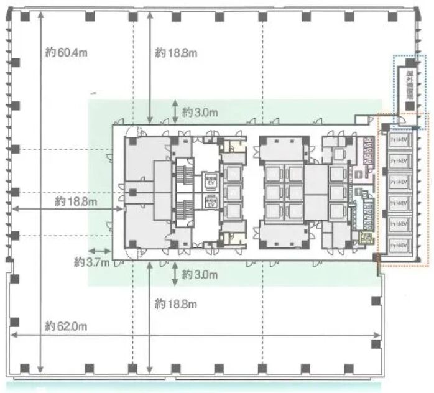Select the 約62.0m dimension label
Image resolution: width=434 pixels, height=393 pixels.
coord(66,326)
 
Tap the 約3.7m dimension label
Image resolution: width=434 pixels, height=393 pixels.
coord(91,262)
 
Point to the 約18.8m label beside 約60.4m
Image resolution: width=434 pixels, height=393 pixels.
coord(177,53)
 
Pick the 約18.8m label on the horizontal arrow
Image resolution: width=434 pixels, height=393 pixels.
coord(75,201)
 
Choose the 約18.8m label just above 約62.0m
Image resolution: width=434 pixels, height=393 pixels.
coord(177,304)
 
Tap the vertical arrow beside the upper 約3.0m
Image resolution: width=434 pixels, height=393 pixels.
coord(175,111)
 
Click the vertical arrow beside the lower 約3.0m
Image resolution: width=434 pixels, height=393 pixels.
coord(175,273)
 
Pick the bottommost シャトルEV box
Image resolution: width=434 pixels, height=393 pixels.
coord(401,244)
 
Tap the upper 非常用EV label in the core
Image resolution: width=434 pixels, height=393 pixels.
coord(210,180)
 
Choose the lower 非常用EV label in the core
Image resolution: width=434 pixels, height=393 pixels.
coord(210,201)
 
